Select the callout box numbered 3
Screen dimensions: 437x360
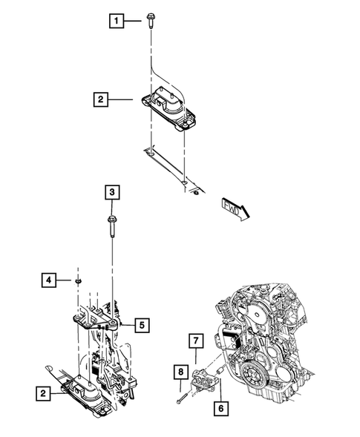point(111,193)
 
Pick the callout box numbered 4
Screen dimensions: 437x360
point(48,280)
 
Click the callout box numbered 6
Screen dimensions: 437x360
point(220,407)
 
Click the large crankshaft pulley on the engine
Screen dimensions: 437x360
point(253,371)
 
